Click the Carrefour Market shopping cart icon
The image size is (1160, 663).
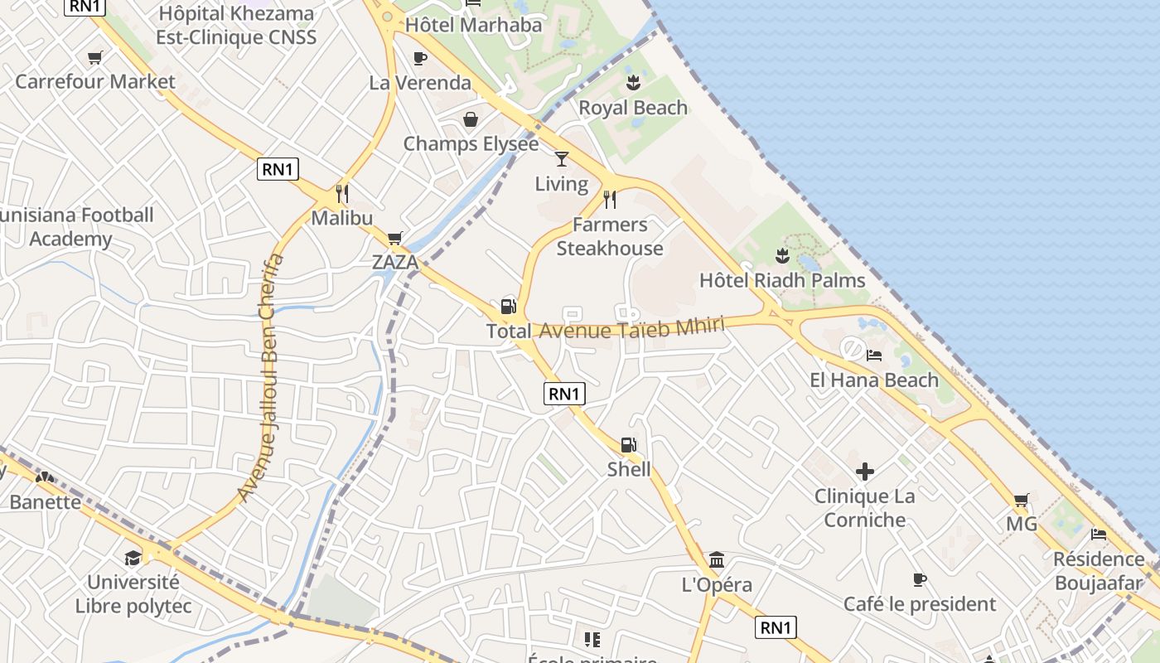pyautogui.click(x=94, y=57)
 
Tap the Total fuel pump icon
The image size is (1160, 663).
pyautogui.click(x=508, y=306)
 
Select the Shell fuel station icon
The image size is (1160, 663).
pyautogui.click(x=629, y=445)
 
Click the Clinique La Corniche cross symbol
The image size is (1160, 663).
pyautogui.click(x=865, y=472)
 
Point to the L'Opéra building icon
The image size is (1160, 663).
pyautogui.click(x=717, y=559)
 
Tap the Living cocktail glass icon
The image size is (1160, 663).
pyautogui.click(x=562, y=158)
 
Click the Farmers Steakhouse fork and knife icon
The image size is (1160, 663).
pyautogui.click(x=610, y=199)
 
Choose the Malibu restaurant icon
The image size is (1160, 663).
pyautogui.click(x=341, y=194)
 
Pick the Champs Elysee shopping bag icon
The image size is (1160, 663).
pyautogui.click(x=471, y=119)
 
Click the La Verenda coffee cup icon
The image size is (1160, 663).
pyautogui.click(x=420, y=58)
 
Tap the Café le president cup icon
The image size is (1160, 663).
pyautogui.click(x=919, y=579)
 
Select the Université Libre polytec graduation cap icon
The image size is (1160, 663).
pyautogui.click(x=133, y=557)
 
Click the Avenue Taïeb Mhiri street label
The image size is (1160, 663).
pyautogui.click(x=632, y=327)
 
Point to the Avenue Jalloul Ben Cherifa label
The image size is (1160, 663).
pyautogui.click(x=260, y=377)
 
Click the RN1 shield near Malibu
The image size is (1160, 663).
pyautogui.click(x=278, y=169)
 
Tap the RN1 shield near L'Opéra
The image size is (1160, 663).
pyautogui.click(x=776, y=627)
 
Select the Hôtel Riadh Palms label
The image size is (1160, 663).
pyautogui.click(x=782, y=280)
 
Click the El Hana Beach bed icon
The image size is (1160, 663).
pyautogui.click(x=873, y=356)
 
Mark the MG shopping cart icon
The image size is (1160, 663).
pyautogui.click(x=1022, y=500)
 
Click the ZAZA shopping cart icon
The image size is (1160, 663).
pyautogui.click(x=395, y=238)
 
